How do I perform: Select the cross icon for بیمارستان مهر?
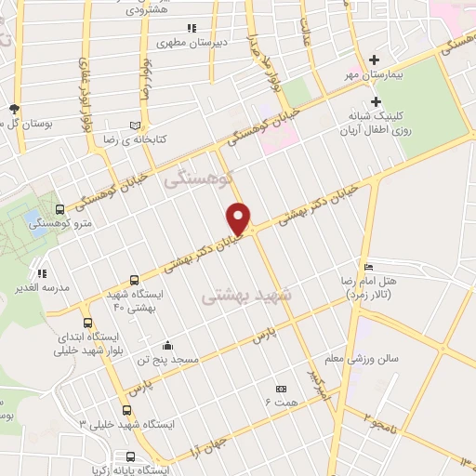point(376,60)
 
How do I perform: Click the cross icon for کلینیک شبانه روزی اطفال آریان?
point(377,101)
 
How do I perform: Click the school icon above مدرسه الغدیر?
point(41,274)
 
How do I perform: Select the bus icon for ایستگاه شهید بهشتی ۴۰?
point(136,280)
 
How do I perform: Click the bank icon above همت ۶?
point(279,389)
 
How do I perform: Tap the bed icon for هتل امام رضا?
point(369,267)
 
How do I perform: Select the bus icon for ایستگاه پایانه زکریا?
point(129,456)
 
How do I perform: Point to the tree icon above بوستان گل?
point(13,109)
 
